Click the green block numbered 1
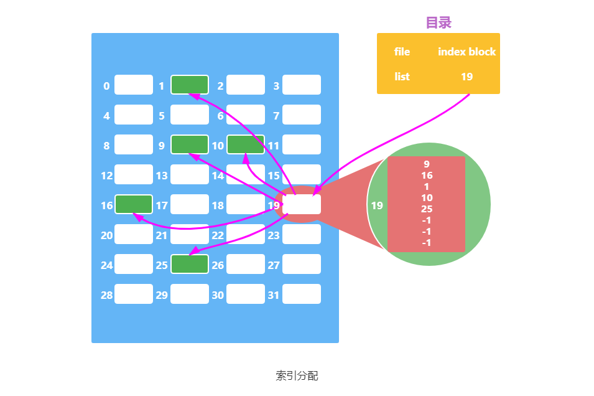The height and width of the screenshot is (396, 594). (x=190, y=84)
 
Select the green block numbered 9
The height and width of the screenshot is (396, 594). (x=190, y=144)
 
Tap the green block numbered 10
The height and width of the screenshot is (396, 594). (x=246, y=144)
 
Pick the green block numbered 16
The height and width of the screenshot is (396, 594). (x=134, y=204)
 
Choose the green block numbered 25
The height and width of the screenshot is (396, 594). (x=190, y=264)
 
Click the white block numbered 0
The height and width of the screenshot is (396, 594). (x=134, y=85)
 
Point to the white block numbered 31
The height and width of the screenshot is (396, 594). (x=302, y=294)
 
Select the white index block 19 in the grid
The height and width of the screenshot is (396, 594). (x=302, y=204)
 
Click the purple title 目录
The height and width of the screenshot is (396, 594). (x=439, y=23)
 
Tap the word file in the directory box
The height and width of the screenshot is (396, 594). (x=402, y=52)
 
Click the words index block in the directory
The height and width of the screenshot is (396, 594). (x=466, y=52)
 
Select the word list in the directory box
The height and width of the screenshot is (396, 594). (x=402, y=77)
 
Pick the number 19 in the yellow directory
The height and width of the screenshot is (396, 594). (x=466, y=77)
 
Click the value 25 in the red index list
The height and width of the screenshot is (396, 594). (x=427, y=209)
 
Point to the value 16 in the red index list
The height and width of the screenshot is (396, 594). (x=427, y=176)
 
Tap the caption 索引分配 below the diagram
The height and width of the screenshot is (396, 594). (x=297, y=375)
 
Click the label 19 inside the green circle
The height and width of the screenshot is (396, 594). (x=377, y=205)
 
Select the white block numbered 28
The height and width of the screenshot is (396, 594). (x=134, y=294)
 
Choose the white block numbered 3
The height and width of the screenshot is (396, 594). (x=302, y=85)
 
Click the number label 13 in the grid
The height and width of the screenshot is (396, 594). (x=162, y=176)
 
